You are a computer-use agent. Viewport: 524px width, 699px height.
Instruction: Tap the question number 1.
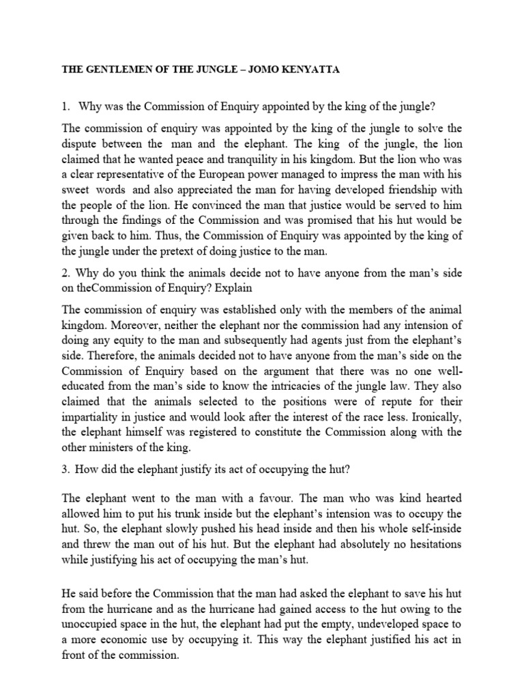click(x=65, y=106)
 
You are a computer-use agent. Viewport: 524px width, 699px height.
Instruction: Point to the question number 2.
click(x=65, y=274)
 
